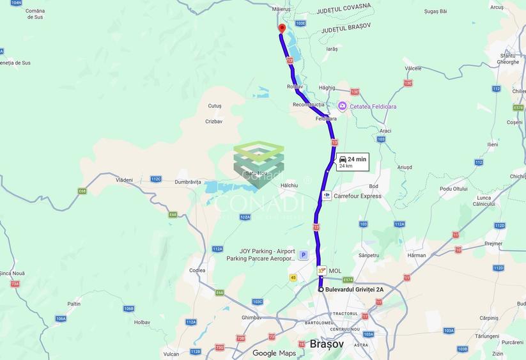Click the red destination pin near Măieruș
(x=281, y=28)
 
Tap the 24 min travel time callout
(x=352, y=162)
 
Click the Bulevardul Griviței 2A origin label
(x=354, y=290)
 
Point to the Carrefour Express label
(x=357, y=196)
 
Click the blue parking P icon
(x=304, y=254)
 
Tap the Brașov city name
(x=327, y=344)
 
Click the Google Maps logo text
(x=274, y=353)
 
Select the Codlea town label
(x=197, y=270)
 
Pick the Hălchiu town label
(x=289, y=185)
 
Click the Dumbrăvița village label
(x=188, y=182)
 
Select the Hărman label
(x=416, y=255)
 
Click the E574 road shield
(x=348, y=279)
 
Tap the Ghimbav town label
(x=252, y=317)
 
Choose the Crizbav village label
(x=214, y=121)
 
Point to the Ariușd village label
(x=405, y=168)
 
